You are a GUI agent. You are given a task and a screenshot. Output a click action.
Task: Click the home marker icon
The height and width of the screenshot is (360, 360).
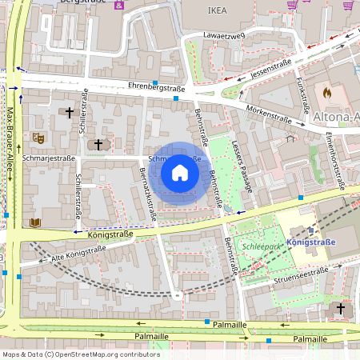tap(180, 173)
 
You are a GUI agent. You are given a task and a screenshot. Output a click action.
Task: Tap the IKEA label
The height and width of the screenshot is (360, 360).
tap(218, 11)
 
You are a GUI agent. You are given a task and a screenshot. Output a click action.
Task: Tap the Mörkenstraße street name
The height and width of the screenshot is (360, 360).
tap(268, 117)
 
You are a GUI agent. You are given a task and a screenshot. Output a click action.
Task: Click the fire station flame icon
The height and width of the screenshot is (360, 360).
tap(326, 93)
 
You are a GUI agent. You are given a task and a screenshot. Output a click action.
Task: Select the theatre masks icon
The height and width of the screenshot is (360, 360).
tap(37, 138)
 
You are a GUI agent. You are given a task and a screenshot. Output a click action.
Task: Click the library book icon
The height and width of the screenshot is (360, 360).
tap(34, 222)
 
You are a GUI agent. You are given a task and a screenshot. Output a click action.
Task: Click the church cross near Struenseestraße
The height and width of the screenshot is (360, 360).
tap(340, 308)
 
